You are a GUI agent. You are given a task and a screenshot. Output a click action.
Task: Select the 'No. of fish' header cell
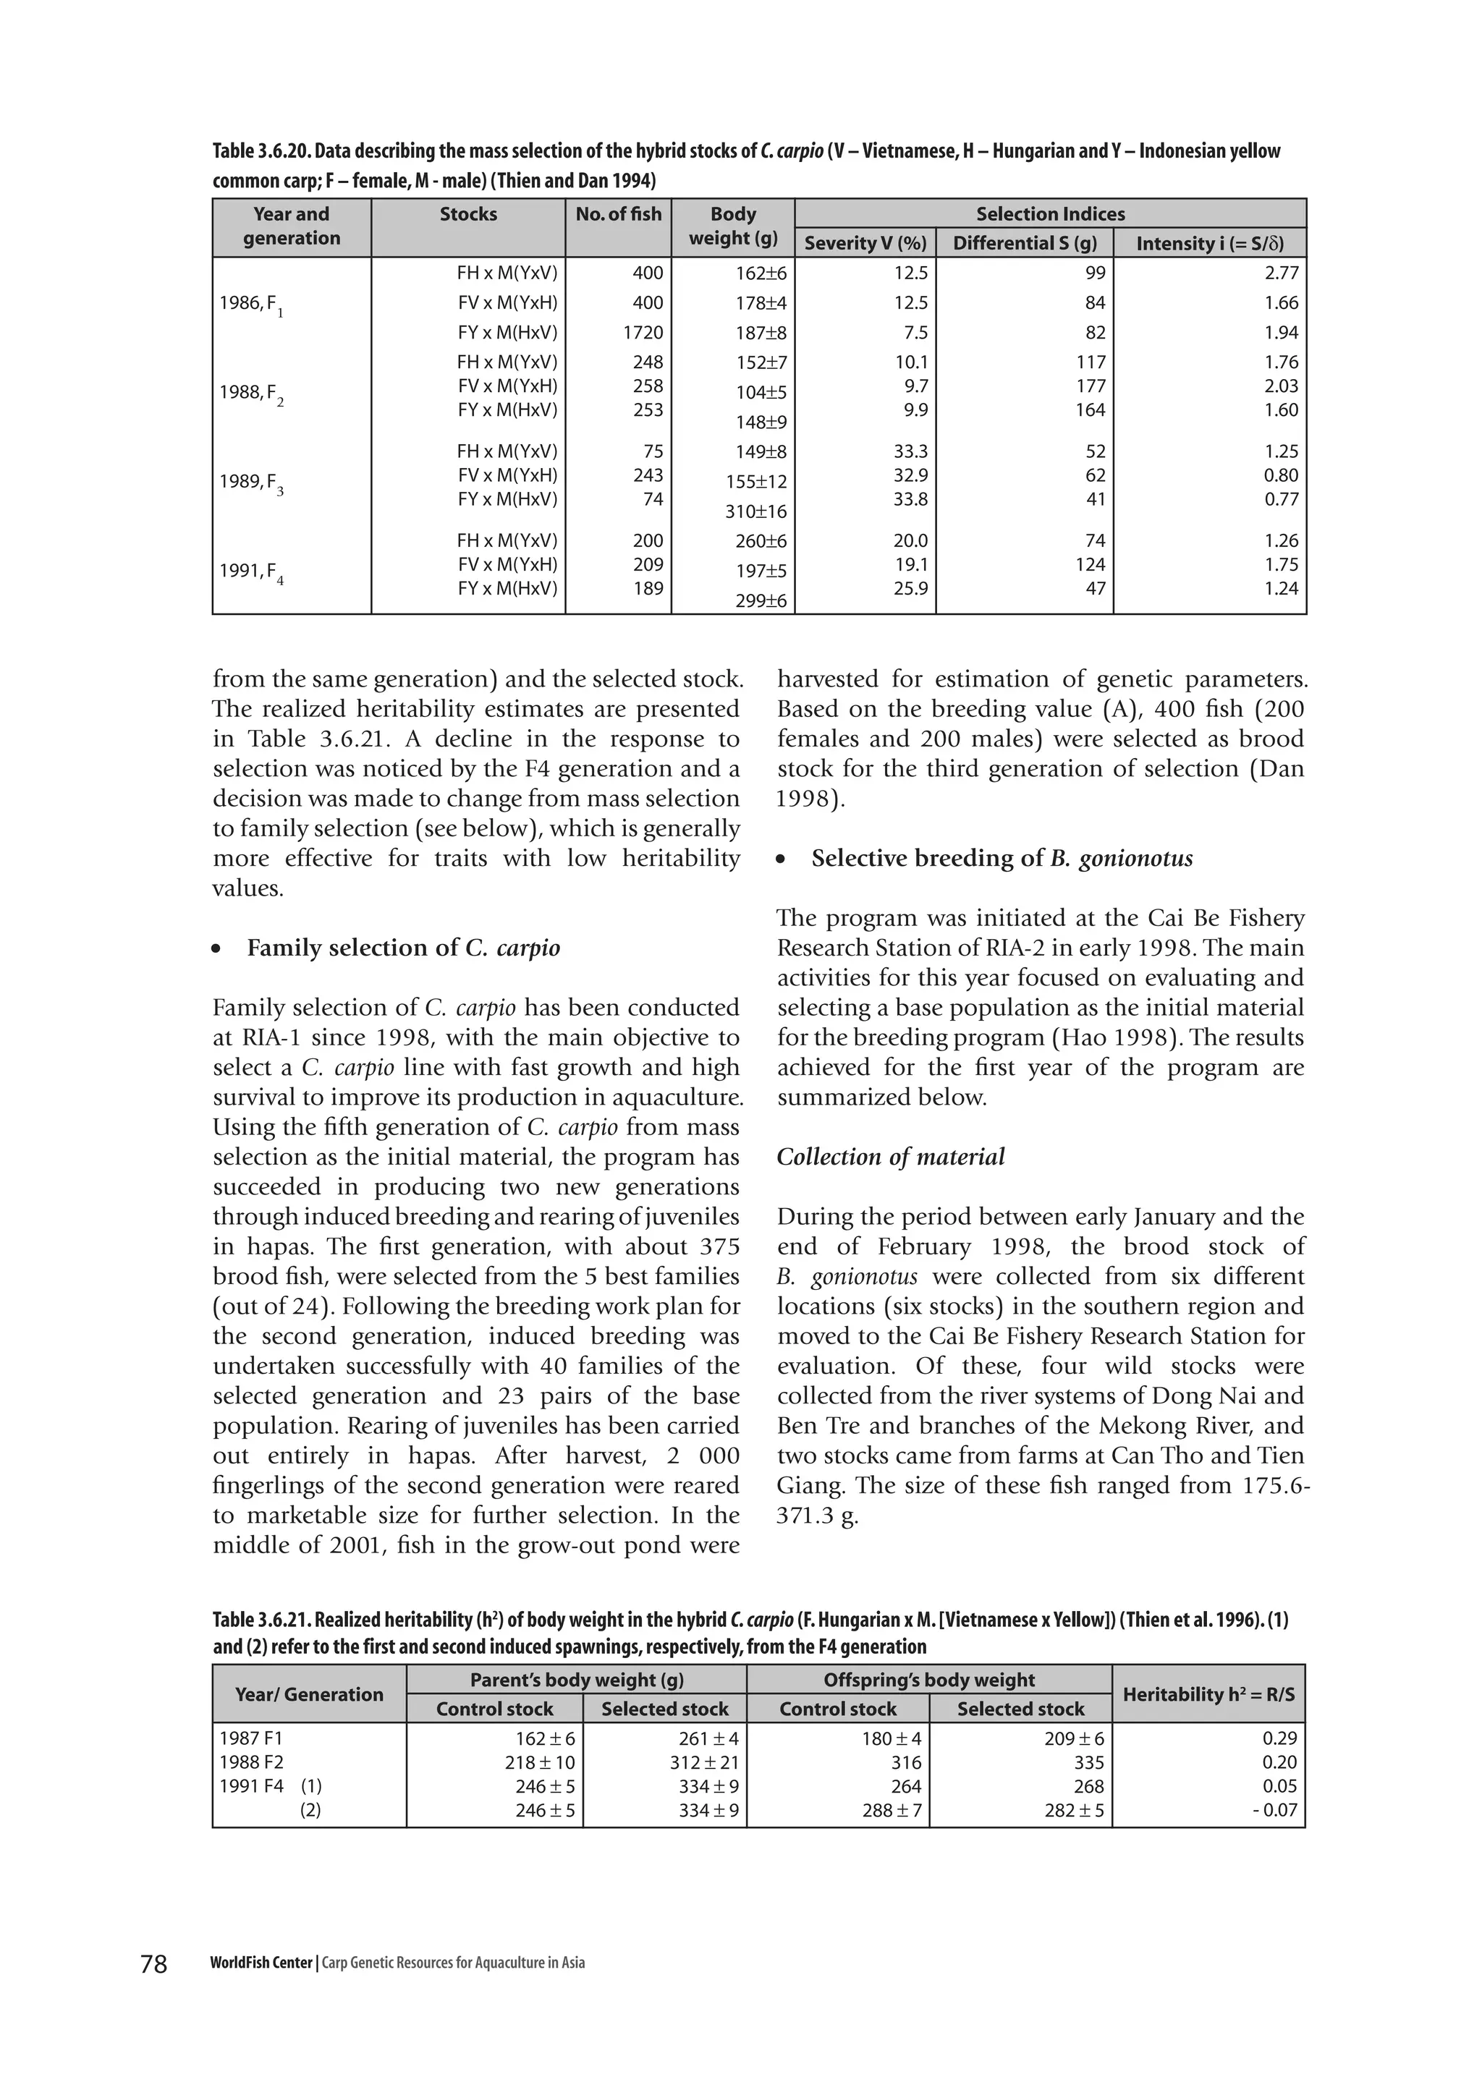[618, 214]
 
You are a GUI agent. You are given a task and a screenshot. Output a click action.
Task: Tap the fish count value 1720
[643, 333]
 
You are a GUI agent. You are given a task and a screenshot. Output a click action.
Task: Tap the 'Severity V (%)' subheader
[865, 243]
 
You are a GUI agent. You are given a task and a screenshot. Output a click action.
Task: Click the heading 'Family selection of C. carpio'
[403, 948]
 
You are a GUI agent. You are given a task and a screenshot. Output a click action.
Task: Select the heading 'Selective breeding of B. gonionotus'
[1001, 859]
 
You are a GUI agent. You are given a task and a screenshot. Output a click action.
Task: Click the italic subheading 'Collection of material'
[890, 1157]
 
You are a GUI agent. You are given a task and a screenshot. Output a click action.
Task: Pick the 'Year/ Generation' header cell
[308, 1694]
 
